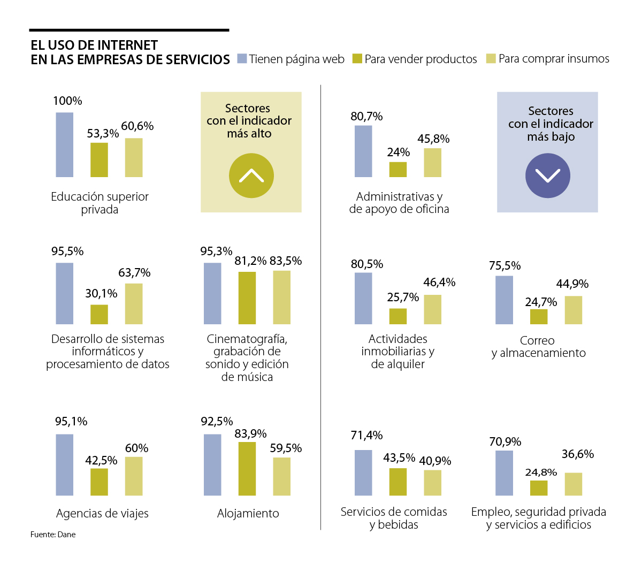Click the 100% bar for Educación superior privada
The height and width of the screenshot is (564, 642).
65,144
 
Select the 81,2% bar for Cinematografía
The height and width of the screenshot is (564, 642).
247,298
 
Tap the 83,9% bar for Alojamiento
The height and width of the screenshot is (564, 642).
247,468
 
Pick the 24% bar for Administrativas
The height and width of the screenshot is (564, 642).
398,169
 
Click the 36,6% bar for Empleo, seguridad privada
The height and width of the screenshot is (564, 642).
574,484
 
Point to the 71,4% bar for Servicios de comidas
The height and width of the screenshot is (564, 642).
363,472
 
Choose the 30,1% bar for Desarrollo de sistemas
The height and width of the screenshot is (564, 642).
99,314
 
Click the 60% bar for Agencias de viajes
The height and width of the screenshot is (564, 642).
134,476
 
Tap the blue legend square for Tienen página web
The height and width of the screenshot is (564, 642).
242,58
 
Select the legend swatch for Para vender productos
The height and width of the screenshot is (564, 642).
357,58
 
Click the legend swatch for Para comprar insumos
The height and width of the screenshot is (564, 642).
491,58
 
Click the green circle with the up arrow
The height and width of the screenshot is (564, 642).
251,176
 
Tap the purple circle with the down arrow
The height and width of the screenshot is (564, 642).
547,176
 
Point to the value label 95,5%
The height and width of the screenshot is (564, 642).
67,251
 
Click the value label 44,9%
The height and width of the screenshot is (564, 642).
572,284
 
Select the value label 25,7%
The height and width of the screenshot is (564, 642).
403,297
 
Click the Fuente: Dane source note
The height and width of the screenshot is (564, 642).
53,534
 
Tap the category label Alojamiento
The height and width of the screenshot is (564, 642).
248,513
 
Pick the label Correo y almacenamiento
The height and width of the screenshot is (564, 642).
538,347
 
